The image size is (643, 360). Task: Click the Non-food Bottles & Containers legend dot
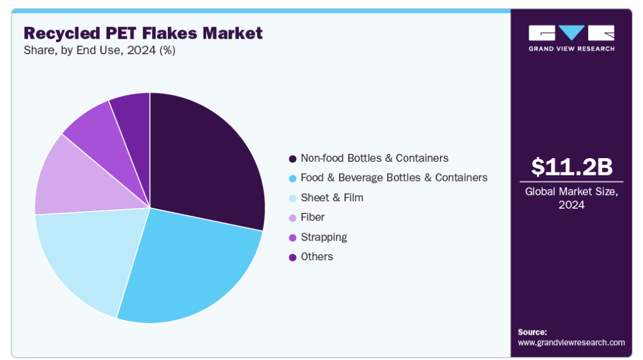[292, 159]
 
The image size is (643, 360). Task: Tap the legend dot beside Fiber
[292, 218]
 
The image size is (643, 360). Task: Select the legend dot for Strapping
[292, 238]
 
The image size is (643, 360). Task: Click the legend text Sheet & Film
[332, 198]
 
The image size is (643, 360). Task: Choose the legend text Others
[317, 257]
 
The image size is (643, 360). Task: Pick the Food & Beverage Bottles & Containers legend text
[394, 178]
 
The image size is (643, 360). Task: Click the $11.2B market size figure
[571, 167]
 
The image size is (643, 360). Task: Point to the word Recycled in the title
[62, 34]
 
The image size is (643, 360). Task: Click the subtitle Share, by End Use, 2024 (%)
[100, 50]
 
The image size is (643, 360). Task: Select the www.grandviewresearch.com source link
[571, 342]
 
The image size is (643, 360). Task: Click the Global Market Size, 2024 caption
[571, 198]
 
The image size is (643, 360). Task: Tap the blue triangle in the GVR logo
[572, 33]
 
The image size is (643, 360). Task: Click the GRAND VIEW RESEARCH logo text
[572, 49]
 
